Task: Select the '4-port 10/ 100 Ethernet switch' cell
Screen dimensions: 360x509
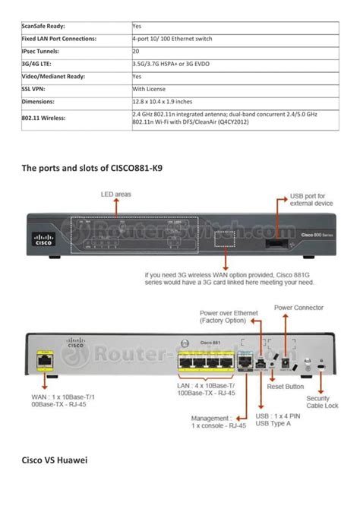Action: [x=171, y=38]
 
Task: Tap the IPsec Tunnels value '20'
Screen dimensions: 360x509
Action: [x=136, y=51]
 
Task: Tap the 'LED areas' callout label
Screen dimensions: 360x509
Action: [x=116, y=194]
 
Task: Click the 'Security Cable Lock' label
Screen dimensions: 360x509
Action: [x=323, y=403]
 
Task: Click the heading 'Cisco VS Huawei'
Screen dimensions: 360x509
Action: [x=53, y=460]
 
